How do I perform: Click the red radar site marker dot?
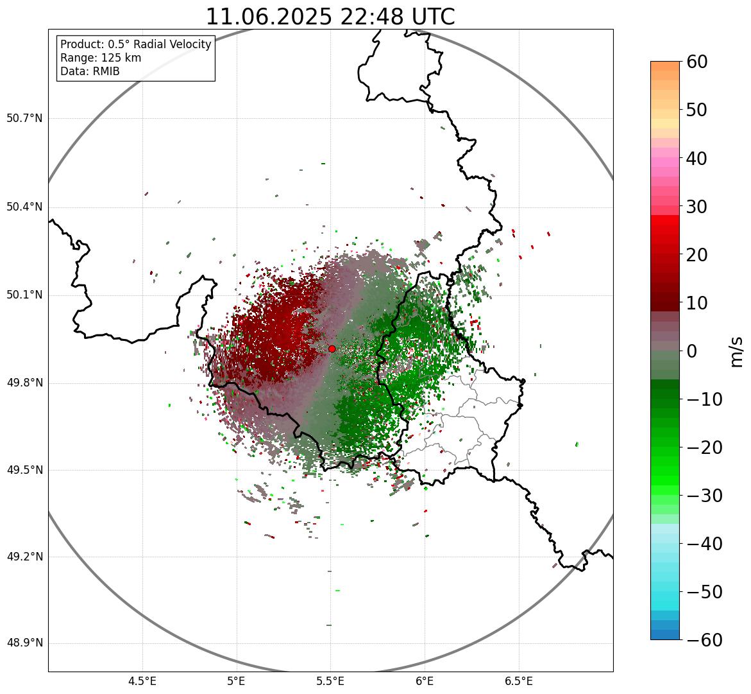(x=332, y=349)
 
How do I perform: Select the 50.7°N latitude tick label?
(x=24, y=119)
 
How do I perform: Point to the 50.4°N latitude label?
(x=24, y=207)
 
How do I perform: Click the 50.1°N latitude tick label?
(x=24, y=295)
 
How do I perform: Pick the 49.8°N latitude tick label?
(x=24, y=383)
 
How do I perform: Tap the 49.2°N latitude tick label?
(x=24, y=557)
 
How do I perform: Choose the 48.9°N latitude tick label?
(x=24, y=643)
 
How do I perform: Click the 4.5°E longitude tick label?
(x=142, y=681)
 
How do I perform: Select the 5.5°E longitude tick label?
(x=330, y=681)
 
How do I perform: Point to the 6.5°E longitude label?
(x=518, y=681)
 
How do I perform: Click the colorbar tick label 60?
(x=697, y=62)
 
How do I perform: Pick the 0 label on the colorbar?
(x=692, y=351)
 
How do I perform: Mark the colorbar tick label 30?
(x=697, y=207)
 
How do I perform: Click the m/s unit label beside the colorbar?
(x=736, y=351)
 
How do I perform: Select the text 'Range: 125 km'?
(x=101, y=58)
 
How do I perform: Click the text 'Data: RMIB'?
(x=90, y=71)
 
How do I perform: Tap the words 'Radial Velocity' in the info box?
(x=175, y=44)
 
